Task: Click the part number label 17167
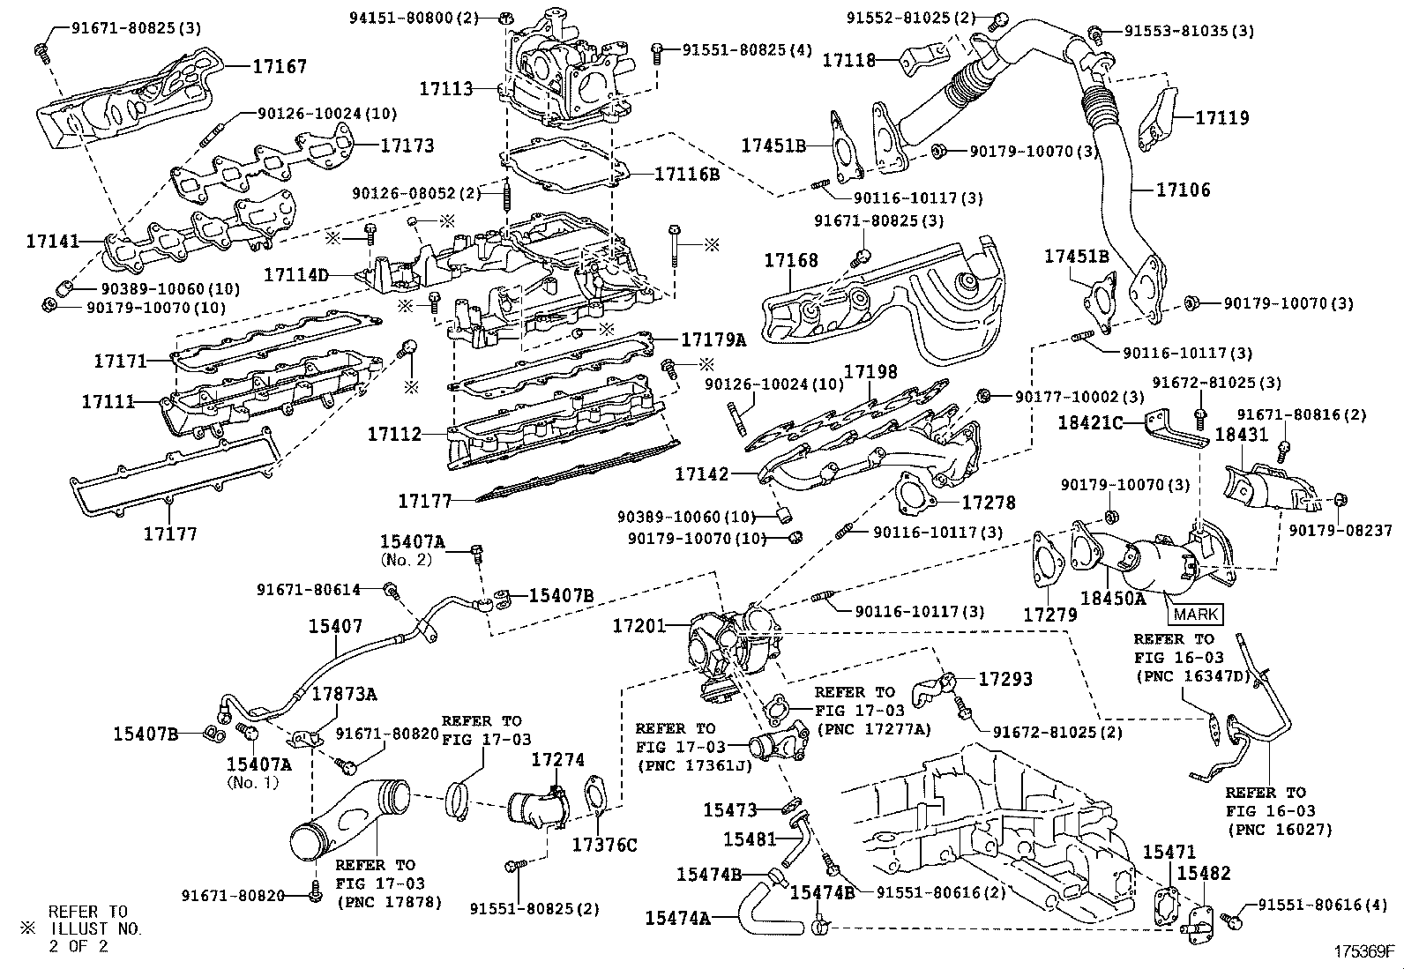pos(280,66)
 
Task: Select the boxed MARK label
pos(1195,615)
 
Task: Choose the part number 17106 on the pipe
pos(1184,190)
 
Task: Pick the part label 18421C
pos(1091,422)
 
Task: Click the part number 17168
pos(791,260)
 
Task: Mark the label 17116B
pos(687,174)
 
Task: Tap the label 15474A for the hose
pos(678,918)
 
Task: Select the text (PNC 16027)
pos(1280,830)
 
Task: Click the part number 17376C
pos(604,845)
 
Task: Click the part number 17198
pos(870,372)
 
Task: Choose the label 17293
pos(1005,679)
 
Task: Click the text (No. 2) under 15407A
pos(407,559)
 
